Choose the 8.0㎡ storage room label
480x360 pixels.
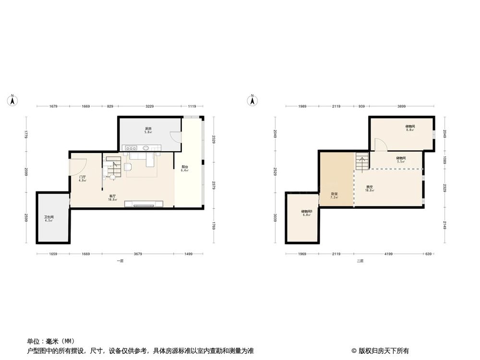click(410, 128)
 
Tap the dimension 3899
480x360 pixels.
click(401, 106)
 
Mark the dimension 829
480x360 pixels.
click(110, 106)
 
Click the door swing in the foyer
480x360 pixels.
click(78, 166)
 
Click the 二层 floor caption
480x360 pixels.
click(360, 261)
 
